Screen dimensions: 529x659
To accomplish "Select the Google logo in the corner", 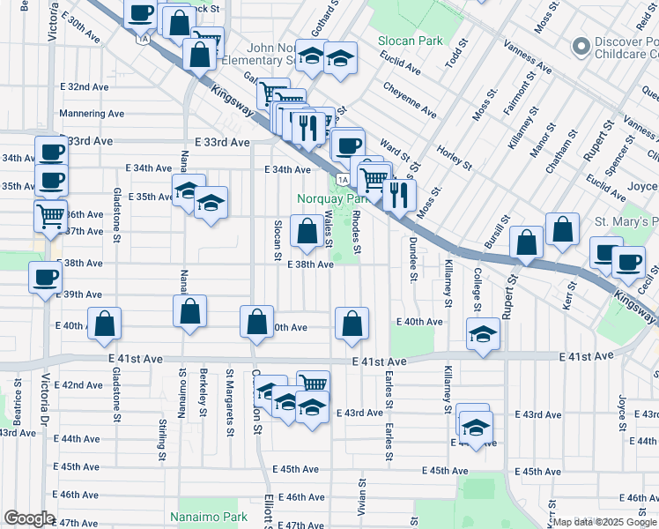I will click(x=29, y=518).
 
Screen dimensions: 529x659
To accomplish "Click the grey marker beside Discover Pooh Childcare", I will click(x=580, y=45).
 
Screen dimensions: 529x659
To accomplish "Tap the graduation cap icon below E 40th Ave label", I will click(x=482, y=334).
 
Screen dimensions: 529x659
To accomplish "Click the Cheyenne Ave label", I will click(x=410, y=101).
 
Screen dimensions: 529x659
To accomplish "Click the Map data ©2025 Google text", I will click(x=604, y=522).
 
